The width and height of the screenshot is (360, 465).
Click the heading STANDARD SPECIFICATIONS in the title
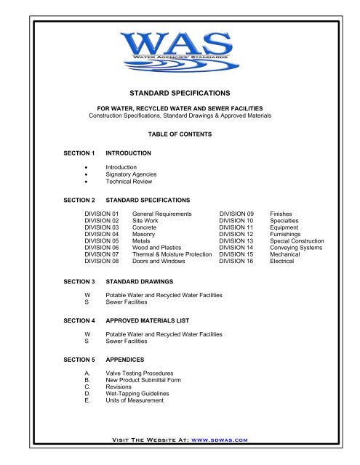point(179,94)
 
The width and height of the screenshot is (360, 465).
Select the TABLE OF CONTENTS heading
point(180,135)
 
